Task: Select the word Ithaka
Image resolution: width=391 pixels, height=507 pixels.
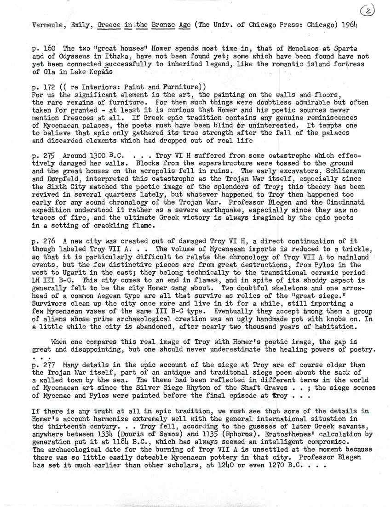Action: pyautogui.click(x=104, y=57)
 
